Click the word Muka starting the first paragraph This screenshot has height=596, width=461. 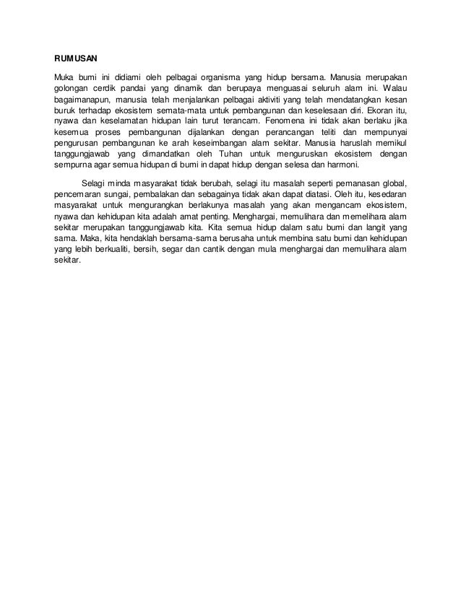point(65,77)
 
